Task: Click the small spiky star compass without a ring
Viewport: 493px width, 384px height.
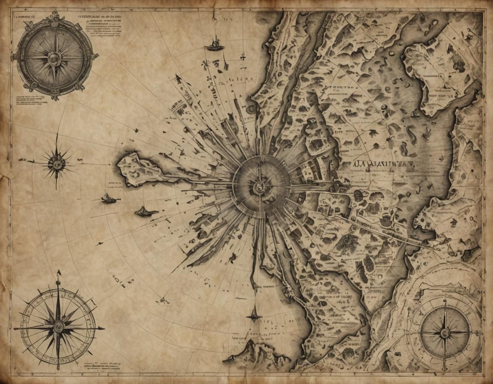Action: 56,162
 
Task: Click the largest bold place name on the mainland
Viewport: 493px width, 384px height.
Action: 385,163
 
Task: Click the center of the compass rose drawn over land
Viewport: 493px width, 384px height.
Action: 445,332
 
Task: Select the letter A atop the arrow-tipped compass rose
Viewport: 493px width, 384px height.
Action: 58,273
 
